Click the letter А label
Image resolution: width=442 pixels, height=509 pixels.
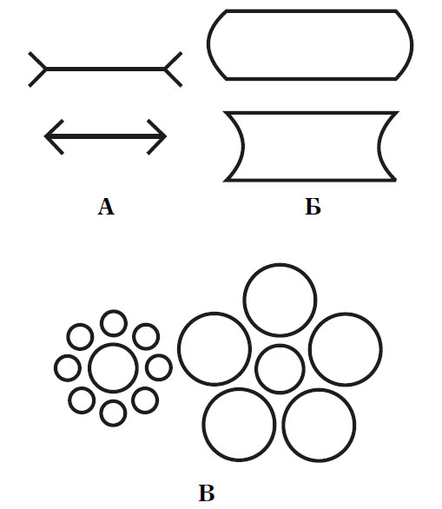coord(106,207)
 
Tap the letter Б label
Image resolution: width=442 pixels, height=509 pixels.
coord(313,207)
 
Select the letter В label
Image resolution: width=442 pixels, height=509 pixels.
coord(207,493)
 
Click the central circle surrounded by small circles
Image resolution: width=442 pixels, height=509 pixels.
coord(113,344)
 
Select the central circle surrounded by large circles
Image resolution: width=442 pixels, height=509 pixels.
coord(280,346)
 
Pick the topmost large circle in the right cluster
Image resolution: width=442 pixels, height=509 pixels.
coord(280,264)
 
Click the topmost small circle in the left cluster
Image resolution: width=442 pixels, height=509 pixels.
coord(113,311)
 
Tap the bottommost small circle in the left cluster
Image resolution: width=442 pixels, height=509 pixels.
coord(113,401)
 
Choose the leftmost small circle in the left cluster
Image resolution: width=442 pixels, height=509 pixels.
coord(56,368)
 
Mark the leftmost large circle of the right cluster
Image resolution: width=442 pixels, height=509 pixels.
coord(179,348)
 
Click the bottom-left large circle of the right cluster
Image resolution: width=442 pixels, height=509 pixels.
coord(239,388)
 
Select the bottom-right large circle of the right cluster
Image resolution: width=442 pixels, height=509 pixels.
coord(319,389)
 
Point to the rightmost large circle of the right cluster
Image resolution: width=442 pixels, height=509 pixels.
coord(381,349)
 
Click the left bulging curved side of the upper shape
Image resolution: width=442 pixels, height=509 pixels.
coord(208,44)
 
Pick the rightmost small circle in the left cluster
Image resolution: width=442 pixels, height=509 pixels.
coord(171,367)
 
